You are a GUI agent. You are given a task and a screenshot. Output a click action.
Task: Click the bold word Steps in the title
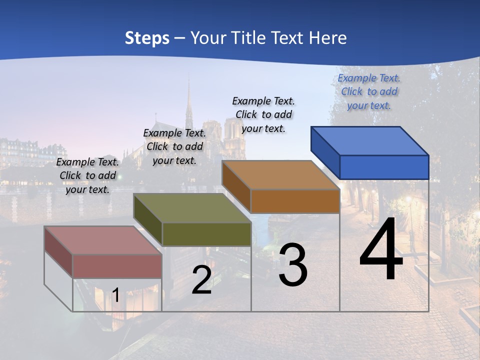pos(147,38)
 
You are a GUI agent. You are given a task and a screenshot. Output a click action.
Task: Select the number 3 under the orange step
pos(293,265)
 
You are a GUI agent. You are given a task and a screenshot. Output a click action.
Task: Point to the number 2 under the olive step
pos(201,280)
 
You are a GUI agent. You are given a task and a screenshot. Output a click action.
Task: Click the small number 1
pos(115,295)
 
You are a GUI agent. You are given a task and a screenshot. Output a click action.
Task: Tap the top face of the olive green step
pos(192,208)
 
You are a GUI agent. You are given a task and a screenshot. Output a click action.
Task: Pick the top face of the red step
pos(103,240)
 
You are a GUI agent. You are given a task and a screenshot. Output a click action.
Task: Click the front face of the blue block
pos(384,167)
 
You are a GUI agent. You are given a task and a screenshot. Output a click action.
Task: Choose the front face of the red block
pos(117,266)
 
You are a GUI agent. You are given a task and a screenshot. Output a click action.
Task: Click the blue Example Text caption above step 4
pos(369,92)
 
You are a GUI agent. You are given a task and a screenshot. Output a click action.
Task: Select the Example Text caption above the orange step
pos(263,114)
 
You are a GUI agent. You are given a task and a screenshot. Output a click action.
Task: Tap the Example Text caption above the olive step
pos(174,146)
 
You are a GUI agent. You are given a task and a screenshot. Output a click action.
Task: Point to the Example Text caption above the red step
pos(87,175)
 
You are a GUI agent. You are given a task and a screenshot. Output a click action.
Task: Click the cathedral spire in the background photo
pos(189,105)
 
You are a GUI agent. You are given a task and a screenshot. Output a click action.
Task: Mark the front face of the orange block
pos(295,201)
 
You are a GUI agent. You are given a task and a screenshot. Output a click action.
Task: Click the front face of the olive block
pos(206,234)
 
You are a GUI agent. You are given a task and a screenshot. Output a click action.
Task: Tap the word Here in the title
pos(328,38)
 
